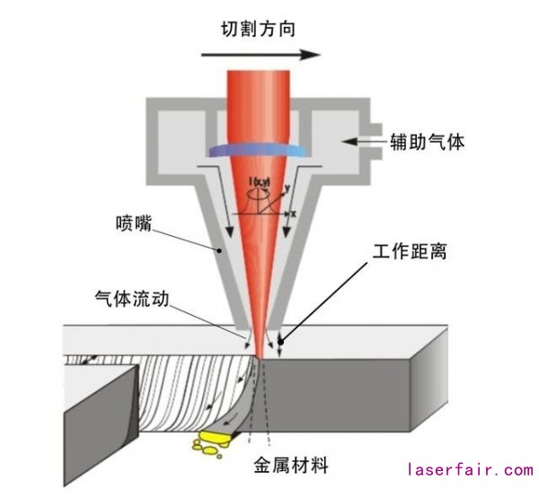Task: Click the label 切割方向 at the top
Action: click(259, 28)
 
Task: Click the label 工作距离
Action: click(410, 252)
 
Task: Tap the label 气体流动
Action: click(130, 295)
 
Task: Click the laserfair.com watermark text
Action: click(469, 469)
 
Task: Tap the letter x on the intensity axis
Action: click(292, 215)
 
